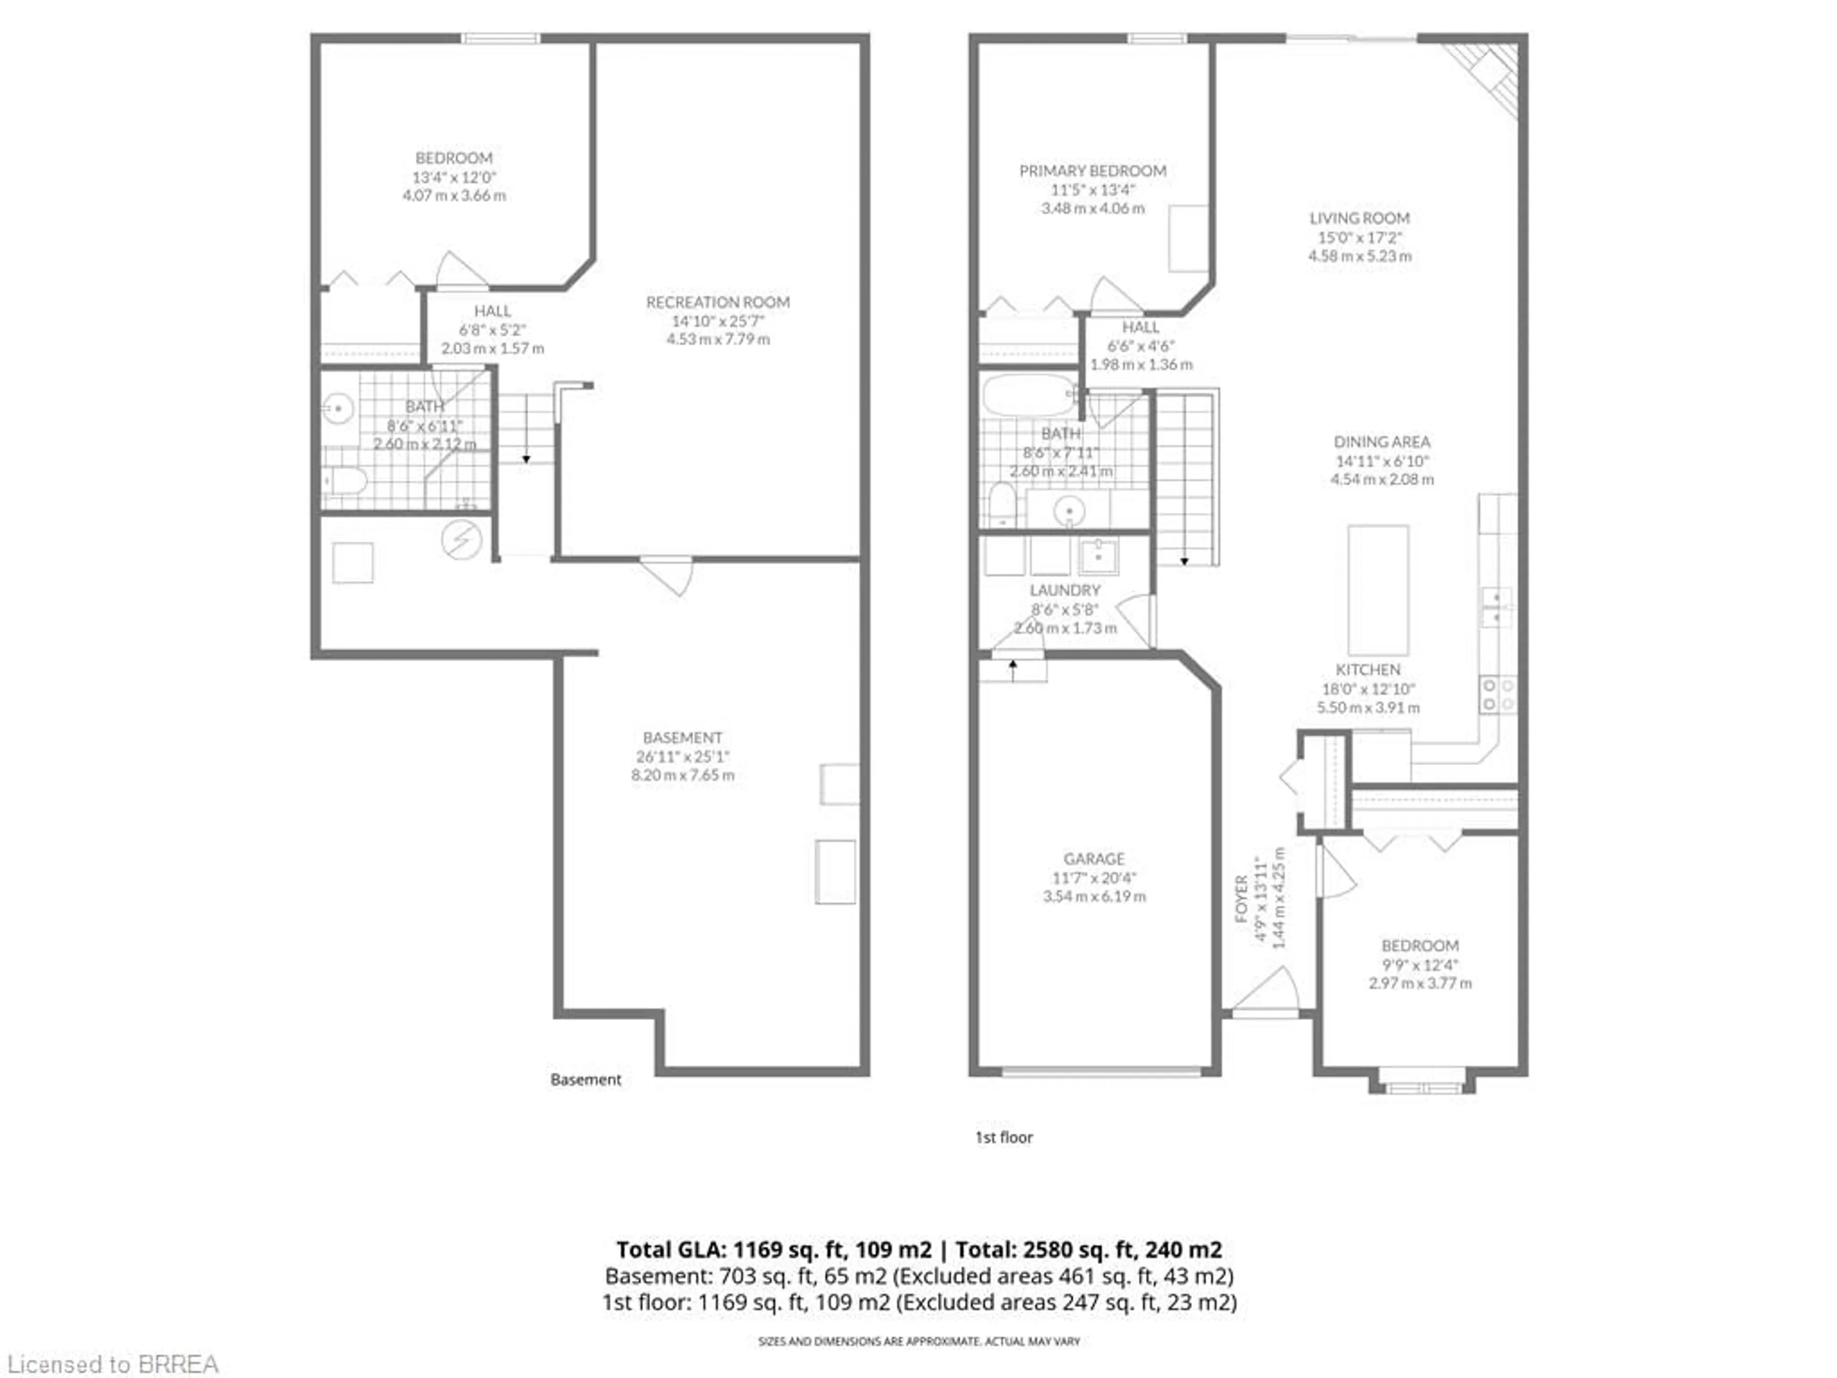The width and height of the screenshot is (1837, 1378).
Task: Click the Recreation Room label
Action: pos(718,302)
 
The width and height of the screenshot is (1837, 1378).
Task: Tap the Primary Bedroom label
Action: pos(1092,171)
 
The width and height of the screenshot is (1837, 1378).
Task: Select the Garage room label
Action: pos(1094,859)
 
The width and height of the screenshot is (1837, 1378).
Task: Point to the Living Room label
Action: pos(1360,219)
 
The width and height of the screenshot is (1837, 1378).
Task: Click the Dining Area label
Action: pos(1382,442)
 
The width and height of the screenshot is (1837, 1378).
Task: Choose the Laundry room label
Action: pos(1065,590)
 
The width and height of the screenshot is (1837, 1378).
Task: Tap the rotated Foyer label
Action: pos(1241,899)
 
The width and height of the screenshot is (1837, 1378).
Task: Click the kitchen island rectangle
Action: pos(1378,590)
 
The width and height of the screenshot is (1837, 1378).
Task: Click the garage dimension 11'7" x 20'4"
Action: pos(1094,878)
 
